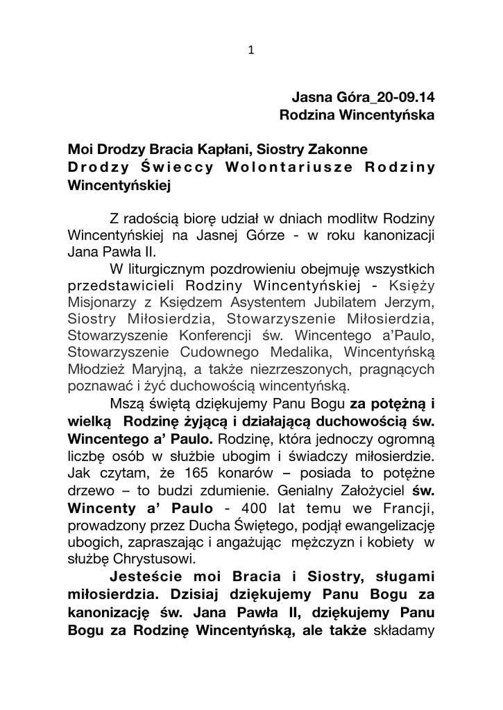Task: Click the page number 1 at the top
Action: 251,49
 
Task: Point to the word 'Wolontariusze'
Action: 280,168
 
